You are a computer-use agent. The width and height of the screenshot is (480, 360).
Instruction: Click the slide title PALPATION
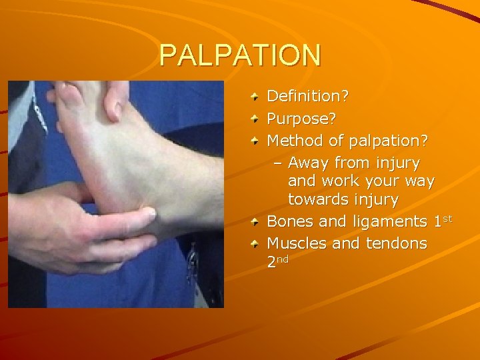(x=240, y=55)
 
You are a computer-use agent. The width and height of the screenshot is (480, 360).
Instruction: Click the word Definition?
(x=307, y=97)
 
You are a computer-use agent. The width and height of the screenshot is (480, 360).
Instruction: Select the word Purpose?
(x=301, y=119)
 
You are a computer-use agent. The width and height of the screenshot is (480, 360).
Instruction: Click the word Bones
(x=290, y=221)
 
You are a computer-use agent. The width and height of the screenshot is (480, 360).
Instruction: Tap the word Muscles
(x=297, y=243)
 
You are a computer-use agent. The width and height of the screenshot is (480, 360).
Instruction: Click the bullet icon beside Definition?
(x=256, y=97)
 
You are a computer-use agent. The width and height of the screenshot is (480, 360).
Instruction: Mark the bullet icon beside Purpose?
(x=256, y=120)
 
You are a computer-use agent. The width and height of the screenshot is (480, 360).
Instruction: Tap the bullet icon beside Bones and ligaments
(x=256, y=221)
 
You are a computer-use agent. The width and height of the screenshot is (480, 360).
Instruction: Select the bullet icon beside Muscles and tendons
(x=256, y=244)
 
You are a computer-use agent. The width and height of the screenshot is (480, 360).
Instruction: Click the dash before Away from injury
(x=278, y=163)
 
